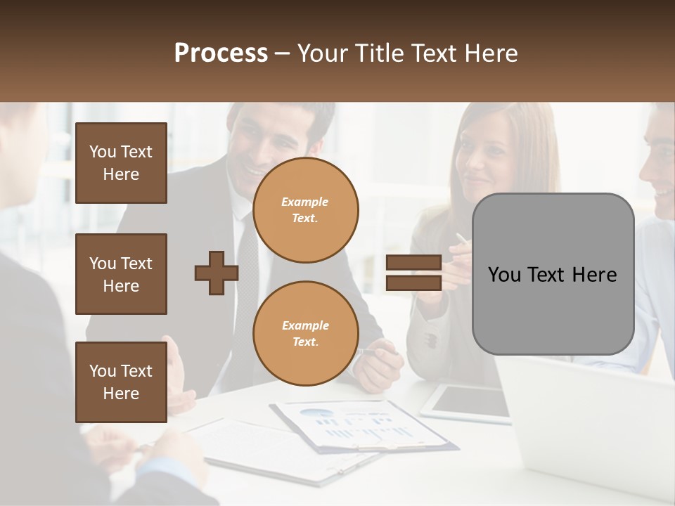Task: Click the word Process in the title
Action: [221, 53]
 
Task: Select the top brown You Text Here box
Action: [121, 163]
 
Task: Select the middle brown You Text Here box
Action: [121, 274]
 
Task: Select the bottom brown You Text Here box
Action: [121, 382]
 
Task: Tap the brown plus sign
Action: [217, 273]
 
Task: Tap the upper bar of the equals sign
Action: [413, 263]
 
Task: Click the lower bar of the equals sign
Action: [413, 283]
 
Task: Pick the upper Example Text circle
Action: [305, 209]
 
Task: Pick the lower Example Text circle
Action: [305, 333]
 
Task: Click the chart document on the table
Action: [359, 424]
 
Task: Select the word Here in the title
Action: [490, 53]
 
